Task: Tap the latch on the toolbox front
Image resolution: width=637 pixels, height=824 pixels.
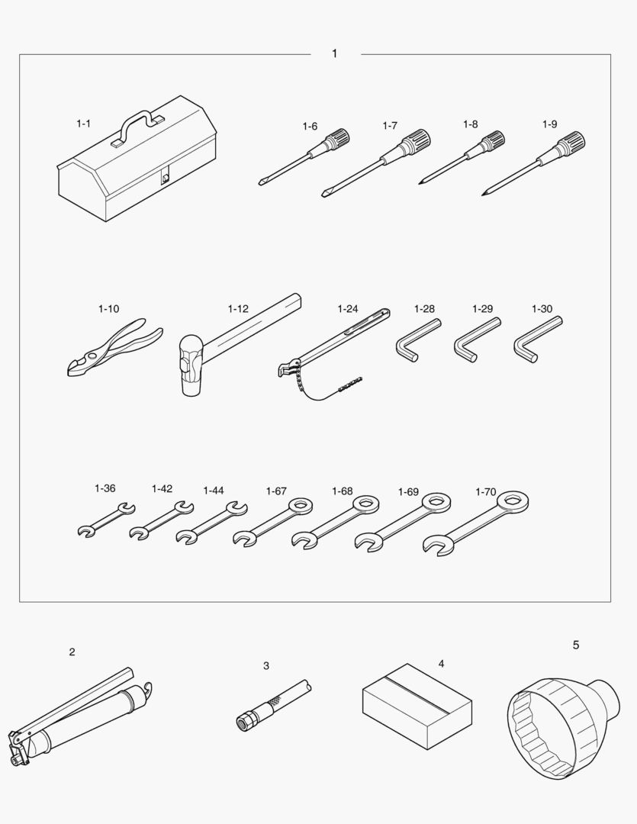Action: coord(166,176)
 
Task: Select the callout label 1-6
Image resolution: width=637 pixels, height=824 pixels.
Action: coord(310,126)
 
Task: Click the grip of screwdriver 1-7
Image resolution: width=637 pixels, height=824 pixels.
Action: coord(416,141)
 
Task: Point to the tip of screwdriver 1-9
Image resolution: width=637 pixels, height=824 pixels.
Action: coord(484,195)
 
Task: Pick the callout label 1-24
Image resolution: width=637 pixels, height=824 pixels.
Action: coord(347,308)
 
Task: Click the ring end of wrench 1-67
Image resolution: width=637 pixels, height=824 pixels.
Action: coord(300,507)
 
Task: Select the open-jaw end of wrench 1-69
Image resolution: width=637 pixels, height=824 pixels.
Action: coord(369,541)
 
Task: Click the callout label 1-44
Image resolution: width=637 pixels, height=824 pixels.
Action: coord(214,491)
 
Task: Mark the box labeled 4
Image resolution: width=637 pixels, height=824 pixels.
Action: coord(417,706)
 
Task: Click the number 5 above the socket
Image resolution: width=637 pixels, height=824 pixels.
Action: coord(575,645)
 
